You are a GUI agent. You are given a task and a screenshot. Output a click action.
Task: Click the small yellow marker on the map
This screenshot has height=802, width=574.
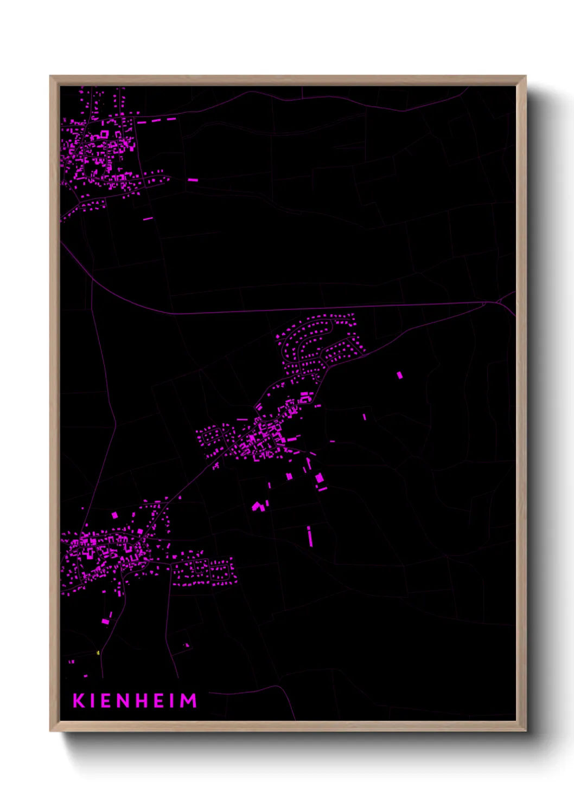pyautogui.click(x=98, y=653)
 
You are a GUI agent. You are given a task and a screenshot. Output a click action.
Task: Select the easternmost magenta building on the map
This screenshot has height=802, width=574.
pyautogui.click(x=400, y=375)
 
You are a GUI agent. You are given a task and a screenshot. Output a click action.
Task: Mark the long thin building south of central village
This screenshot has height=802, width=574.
pyautogui.click(x=310, y=536)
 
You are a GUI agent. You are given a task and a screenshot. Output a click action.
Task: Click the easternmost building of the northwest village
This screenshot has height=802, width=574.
pyautogui.click(x=193, y=180)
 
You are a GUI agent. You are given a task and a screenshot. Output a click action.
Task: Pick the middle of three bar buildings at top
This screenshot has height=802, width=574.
pyautogui.click(x=156, y=120)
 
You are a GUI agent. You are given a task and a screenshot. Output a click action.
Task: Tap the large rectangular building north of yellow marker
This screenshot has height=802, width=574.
pyautogui.click(x=106, y=621)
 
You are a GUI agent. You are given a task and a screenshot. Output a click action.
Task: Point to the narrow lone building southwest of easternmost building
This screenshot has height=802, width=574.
pyautogui.click(x=365, y=417)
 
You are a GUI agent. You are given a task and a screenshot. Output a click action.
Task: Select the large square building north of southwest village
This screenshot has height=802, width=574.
pyautogui.click(x=114, y=515)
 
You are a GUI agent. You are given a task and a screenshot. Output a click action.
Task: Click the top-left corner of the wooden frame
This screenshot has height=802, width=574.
pyautogui.click(x=50, y=76)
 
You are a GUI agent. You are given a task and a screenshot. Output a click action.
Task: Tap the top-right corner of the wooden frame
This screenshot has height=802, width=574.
pyautogui.click(x=526, y=76)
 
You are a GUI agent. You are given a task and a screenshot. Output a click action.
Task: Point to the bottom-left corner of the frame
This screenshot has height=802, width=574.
pyautogui.click(x=50, y=731)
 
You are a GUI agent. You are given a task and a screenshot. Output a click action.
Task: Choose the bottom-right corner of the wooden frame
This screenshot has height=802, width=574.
pyautogui.click(x=526, y=731)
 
